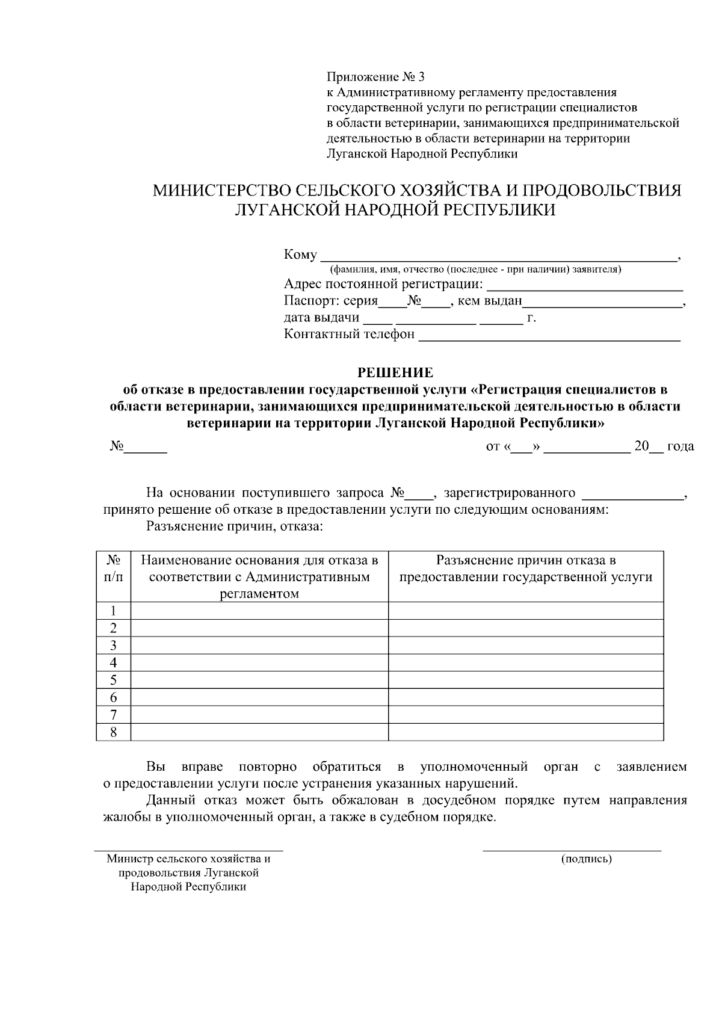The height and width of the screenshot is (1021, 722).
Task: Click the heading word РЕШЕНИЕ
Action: point(395,372)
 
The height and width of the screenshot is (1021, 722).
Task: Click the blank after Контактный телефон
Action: point(549,335)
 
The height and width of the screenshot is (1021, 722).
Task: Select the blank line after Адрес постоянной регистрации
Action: point(584,285)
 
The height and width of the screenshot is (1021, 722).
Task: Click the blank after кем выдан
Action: point(602,301)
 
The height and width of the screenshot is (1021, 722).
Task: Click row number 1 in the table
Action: point(113,611)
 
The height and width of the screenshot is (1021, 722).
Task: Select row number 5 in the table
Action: point(113,680)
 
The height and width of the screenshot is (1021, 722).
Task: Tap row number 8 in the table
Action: point(113,732)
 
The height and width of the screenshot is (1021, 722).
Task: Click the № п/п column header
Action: point(113,569)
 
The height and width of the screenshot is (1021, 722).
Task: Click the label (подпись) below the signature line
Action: point(586,859)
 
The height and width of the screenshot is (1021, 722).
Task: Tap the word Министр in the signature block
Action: point(126,859)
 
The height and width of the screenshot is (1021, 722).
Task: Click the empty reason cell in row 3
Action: point(259,646)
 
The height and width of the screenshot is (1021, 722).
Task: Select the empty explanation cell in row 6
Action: point(526,698)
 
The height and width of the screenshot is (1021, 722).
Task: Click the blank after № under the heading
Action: point(145,447)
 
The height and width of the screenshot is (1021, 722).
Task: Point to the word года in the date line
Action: point(680,446)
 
